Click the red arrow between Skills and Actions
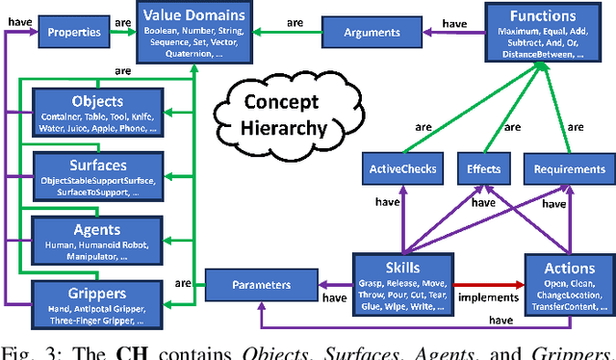486,286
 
